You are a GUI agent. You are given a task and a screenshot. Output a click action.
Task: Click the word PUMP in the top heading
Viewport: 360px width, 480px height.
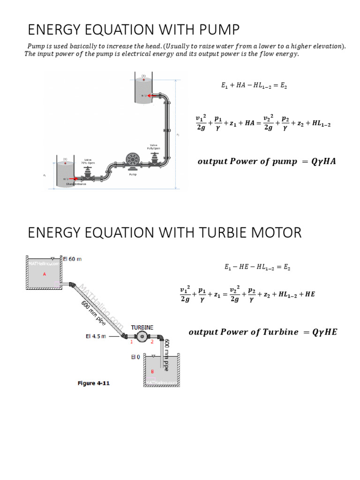[x=219, y=30]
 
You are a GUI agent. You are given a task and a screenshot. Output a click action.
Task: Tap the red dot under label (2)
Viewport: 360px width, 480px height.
[x=144, y=80]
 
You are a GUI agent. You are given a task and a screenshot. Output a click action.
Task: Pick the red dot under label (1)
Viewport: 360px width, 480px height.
[x=65, y=164]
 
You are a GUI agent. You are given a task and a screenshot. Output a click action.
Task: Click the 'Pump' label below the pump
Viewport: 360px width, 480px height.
[x=133, y=174]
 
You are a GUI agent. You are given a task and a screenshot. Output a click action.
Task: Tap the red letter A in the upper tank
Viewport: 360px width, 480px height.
[x=45, y=274]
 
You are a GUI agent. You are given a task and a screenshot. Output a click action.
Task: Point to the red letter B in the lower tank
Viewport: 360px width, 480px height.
[x=152, y=372]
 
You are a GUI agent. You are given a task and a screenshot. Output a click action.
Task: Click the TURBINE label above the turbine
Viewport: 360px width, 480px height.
[x=142, y=327]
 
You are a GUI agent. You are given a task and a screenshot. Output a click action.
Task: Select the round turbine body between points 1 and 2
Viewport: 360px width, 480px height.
[x=142, y=336]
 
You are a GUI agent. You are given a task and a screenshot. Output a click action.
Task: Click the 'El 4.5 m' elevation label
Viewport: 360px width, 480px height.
[x=97, y=336]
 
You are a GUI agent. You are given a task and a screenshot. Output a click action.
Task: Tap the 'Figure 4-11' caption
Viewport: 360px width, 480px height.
[x=93, y=383]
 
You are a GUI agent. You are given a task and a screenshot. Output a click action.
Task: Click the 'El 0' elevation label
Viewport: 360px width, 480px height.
[x=135, y=357]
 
